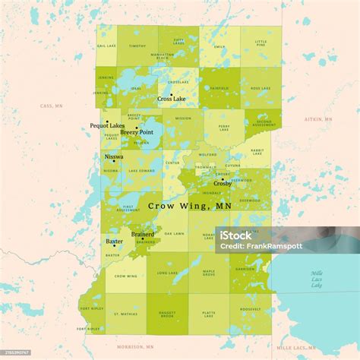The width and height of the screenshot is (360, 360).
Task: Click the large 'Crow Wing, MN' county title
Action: pyautogui.click(x=190, y=206)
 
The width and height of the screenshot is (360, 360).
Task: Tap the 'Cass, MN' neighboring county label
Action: pyautogui.click(x=51, y=105)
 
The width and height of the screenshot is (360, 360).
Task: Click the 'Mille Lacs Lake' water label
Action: pyautogui.click(x=316, y=279)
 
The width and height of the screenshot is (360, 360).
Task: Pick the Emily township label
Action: pyautogui.click(x=219, y=47)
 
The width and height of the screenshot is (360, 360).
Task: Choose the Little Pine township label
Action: pyautogui.click(x=261, y=43)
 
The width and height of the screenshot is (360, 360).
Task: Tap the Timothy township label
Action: pyautogui.click(x=137, y=46)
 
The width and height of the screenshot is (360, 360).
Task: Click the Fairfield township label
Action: pyautogui.click(x=219, y=88)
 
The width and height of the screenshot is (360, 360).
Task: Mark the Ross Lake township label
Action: pyautogui.click(x=261, y=88)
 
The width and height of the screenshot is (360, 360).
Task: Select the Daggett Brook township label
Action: pyautogui.click(x=167, y=314)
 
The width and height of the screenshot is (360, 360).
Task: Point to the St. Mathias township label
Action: pyautogui.click(x=125, y=313)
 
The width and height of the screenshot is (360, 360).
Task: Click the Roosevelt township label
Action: pyautogui.click(x=251, y=311)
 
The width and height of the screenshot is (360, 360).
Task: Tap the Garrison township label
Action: pyautogui.click(x=245, y=270)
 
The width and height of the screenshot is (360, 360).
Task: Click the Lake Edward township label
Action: pyautogui.click(x=141, y=171)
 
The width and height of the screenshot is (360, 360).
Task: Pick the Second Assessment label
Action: pyautogui.click(x=264, y=123)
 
